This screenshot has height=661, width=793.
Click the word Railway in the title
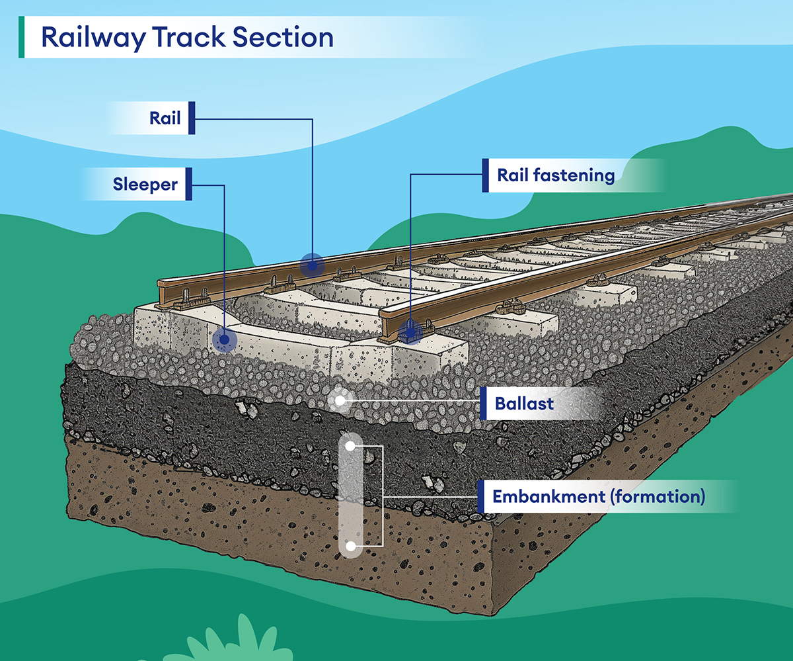[92, 38]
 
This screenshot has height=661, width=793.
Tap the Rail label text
[165, 120]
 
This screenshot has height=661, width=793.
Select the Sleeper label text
[145, 185]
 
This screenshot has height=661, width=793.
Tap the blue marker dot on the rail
[311, 265]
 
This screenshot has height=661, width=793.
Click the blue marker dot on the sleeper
[225, 341]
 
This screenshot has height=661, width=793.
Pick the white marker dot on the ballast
[340, 400]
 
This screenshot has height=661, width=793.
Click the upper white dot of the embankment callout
[351, 447]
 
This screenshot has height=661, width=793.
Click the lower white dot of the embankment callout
[351, 547]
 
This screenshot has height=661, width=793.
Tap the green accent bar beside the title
[22, 38]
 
